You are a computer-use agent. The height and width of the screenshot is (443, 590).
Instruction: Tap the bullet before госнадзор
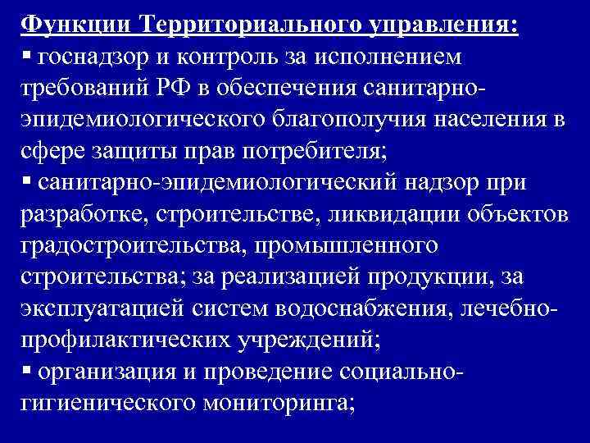(27, 54)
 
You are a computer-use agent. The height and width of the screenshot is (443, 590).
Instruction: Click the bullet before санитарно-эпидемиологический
(27, 180)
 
